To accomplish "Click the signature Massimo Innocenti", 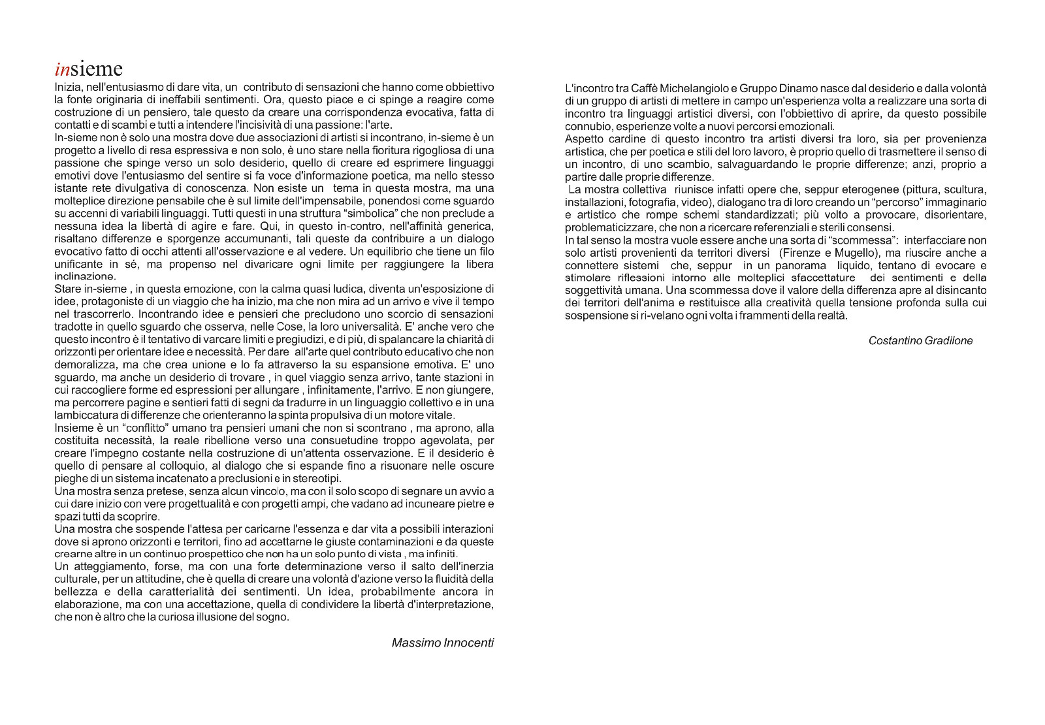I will pyautogui.click(x=442, y=643).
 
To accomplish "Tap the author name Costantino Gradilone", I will pyautogui.click(x=920, y=341).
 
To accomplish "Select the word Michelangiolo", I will pyautogui.click(x=689, y=88).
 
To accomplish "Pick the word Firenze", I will pyautogui.click(x=805, y=253).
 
